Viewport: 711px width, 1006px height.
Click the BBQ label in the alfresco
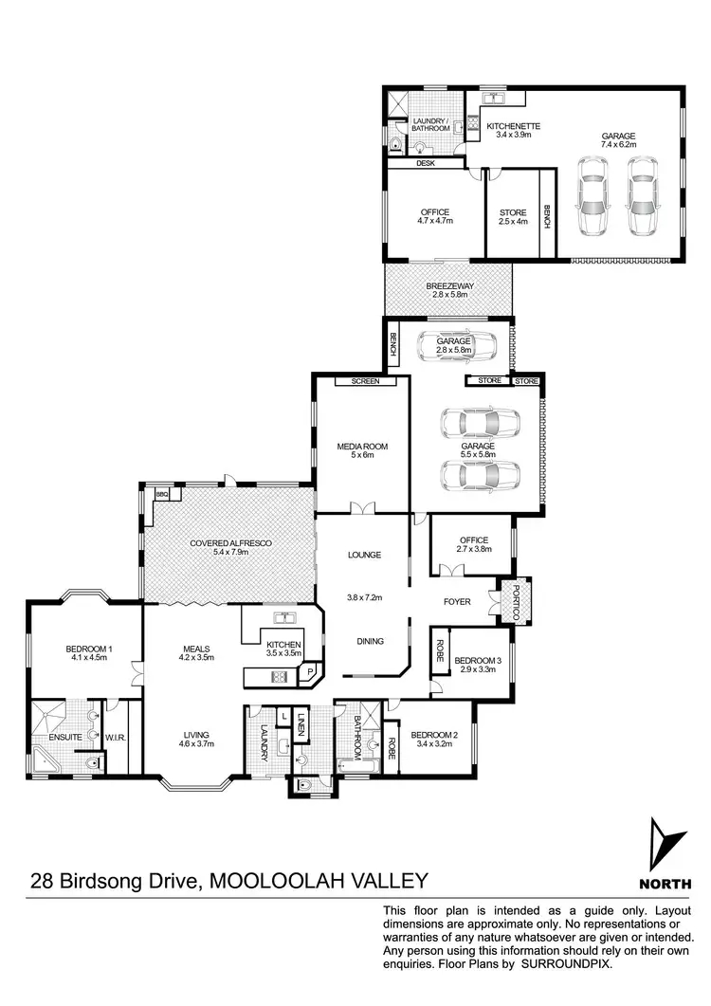tap(161, 494)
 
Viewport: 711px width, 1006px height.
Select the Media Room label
tap(363, 446)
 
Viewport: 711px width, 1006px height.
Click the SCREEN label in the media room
tap(365, 381)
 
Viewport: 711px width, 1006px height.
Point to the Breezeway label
tap(449, 285)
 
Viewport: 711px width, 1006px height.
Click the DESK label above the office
tap(425, 163)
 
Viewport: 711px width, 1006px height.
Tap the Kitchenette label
tap(513, 126)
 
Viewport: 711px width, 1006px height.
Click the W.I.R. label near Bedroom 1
tap(117, 736)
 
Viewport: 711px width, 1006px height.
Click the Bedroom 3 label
tap(477, 660)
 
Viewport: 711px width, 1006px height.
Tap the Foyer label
tap(458, 601)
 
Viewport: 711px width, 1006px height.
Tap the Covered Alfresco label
tap(230, 543)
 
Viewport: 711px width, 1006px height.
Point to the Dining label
tap(371, 641)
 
